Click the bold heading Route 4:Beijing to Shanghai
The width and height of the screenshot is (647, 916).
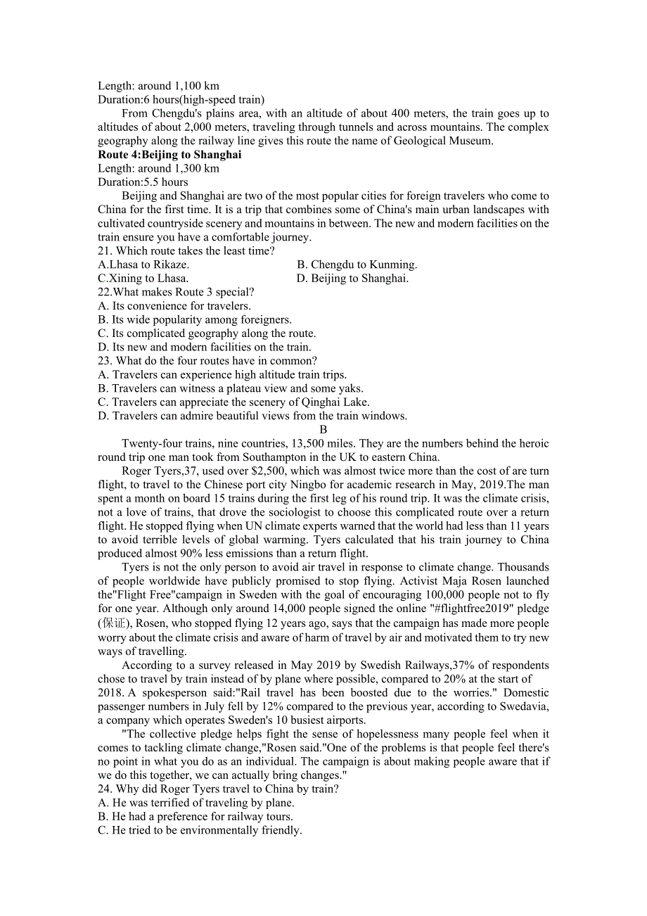tap(169, 155)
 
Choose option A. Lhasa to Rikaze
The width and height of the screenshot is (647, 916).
tap(143, 265)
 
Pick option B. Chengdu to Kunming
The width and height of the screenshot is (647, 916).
tap(357, 265)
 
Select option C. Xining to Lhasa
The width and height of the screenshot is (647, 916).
tap(143, 279)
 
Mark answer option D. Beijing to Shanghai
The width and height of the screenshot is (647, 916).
tap(352, 279)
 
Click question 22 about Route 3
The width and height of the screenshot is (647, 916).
tap(176, 292)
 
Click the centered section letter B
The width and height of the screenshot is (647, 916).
tap(323, 430)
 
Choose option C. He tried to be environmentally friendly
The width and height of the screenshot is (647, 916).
tap(200, 830)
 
